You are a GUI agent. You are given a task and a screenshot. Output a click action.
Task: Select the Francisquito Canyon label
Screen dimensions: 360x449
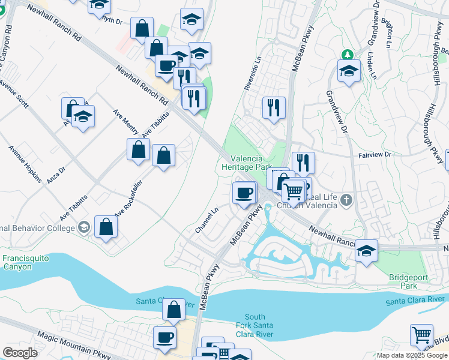coord(25,262)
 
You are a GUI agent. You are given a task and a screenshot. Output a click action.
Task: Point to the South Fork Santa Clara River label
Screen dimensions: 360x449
coord(255,326)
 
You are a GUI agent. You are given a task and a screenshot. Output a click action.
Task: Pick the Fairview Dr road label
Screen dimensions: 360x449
coord(375,154)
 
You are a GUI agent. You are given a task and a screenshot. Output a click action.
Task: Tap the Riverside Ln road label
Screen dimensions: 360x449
coord(253,74)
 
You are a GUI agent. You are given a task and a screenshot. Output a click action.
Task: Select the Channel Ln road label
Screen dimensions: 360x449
coord(206,221)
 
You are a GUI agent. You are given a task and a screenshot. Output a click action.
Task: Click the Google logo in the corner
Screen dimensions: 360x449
coord(20,353)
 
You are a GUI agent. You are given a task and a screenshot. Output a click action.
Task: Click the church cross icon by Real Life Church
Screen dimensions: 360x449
coord(346,200)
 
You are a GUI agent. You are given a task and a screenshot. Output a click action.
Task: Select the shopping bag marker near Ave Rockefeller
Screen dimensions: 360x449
coord(106,227)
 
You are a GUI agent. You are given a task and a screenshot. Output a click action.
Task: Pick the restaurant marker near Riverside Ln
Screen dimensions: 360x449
coord(274,108)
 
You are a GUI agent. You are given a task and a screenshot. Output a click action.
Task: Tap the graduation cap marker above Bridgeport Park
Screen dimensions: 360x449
coord(366,251)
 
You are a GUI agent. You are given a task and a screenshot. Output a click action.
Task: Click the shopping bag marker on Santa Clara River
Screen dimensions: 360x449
coord(173,310)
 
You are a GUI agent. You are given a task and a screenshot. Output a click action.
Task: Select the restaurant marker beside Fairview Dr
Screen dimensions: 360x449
coord(303,163)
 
